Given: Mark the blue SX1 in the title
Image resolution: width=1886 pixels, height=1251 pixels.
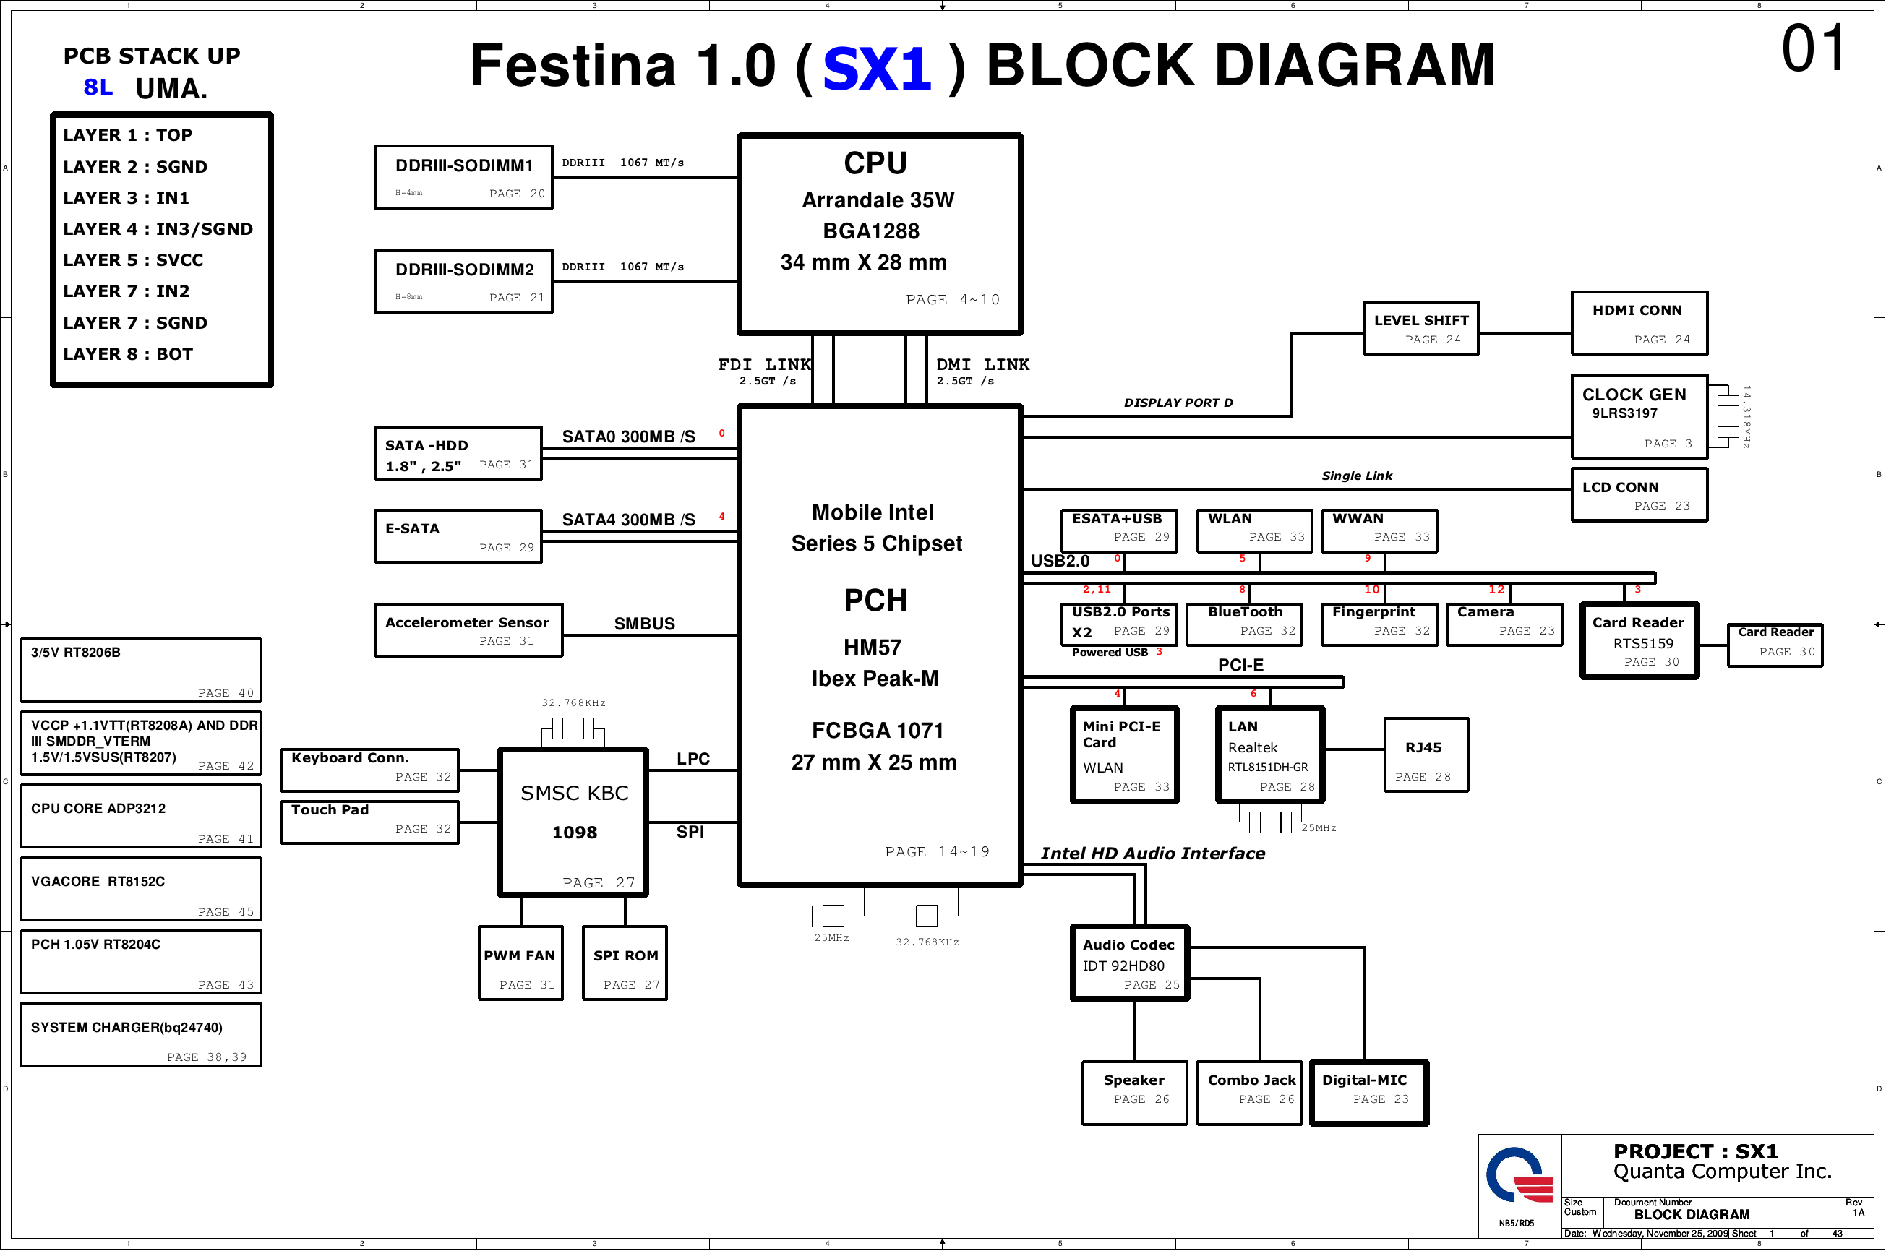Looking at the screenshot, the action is click(877, 68).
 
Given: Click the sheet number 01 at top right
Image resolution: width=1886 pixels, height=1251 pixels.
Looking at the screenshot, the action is click(1814, 48).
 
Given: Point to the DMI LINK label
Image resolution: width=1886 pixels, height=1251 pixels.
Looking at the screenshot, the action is click(982, 365).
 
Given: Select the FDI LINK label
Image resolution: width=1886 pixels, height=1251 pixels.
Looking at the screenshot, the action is click(764, 365).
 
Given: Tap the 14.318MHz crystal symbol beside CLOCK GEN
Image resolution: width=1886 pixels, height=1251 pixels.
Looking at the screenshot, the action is click(1727, 416).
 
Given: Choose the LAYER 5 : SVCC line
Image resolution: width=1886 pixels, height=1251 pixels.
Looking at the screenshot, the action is click(133, 260).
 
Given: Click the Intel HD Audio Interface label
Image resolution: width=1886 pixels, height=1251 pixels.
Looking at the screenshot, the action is click(1152, 854).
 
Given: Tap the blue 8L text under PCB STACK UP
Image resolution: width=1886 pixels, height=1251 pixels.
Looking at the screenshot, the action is click(98, 87).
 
